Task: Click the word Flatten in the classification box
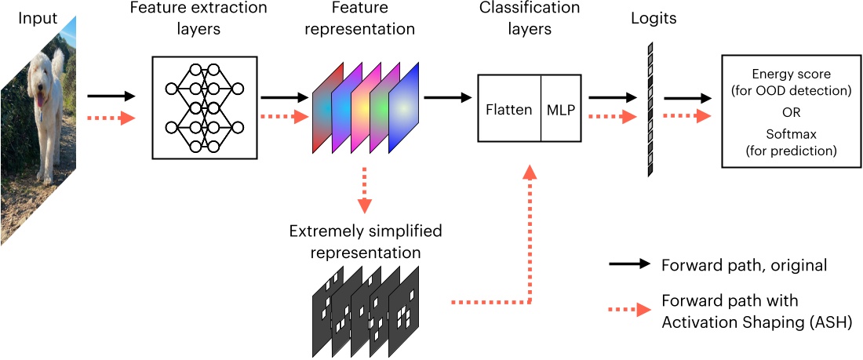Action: click(x=509, y=110)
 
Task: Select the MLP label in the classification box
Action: click(x=561, y=110)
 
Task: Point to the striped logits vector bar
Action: click(x=650, y=109)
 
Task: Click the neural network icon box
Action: click(x=205, y=107)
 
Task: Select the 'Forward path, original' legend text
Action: click(x=744, y=265)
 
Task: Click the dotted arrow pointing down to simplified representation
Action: click(x=364, y=189)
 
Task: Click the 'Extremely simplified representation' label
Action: click(x=366, y=242)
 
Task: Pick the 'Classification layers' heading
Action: click(x=530, y=19)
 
